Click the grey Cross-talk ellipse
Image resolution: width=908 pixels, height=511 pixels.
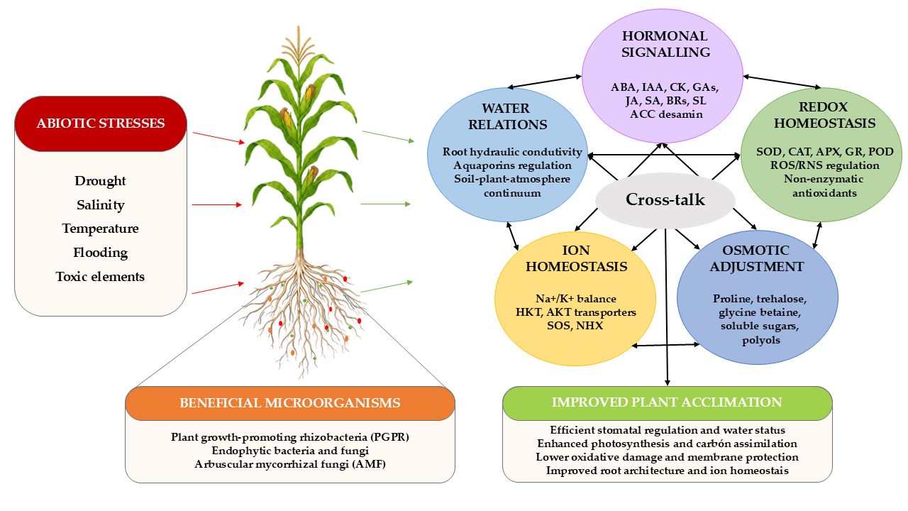pos(665,200)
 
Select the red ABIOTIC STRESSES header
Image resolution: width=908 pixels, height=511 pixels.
pos(101,123)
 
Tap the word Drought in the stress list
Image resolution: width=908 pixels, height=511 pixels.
pos(100,181)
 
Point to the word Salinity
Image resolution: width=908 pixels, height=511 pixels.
pos(101,205)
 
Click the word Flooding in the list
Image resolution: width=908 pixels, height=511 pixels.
pos(101,253)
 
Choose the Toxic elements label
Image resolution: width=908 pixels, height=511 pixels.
pos(100,277)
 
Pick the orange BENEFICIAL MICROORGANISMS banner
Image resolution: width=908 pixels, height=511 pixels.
pos(290,403)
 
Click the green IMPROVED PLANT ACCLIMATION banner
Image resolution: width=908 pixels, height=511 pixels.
pos(668,402)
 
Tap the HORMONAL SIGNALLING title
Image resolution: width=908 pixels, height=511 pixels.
pos(665,44)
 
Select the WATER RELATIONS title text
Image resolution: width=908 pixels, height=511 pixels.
pos(507,116)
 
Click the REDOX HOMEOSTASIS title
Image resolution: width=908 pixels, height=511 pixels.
pos(824,115)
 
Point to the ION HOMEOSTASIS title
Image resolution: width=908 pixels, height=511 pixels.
pos(577,258)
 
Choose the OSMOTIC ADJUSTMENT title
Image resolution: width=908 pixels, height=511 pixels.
pos(756,258)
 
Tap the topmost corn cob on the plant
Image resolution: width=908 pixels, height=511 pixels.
pos(309,92)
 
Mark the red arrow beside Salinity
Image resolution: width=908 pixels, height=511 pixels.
pos(216,205)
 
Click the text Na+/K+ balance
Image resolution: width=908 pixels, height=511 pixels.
pos(575,299)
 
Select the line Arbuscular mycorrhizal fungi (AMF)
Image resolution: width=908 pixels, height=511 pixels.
pos(290,464)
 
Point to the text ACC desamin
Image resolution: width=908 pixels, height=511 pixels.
pos(666,114)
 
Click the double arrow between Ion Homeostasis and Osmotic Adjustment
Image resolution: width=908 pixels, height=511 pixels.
pos(665,345)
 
